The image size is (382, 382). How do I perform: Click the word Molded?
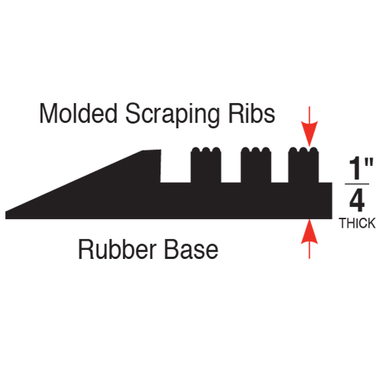pyautogui.click(x=79, y=114)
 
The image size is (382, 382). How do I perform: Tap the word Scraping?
pyautogui.click(x=172, y=115)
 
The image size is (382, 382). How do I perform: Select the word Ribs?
pyautogui.click(x=251, y=114)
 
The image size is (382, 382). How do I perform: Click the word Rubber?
pyautogui.click(x=117, y=249)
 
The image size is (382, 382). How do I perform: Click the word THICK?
pyautogui.click(x=358, y=223)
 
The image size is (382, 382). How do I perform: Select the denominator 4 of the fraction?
pyautogui.click(x=357, y=201)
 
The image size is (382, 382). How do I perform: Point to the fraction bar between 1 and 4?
pyautogui.click(x=357, y=183)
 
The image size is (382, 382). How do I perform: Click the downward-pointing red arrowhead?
pyautogui.click(x=309, y=134)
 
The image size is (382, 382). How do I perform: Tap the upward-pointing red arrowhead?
pyautogui.click(x=309, y=231)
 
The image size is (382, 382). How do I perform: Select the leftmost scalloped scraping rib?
pyautogui.click(x=206, y=165)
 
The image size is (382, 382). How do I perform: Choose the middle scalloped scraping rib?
pyautogui.click(x=256, y=165)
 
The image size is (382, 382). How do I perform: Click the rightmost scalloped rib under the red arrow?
pyautogui.click(x=303, y=165)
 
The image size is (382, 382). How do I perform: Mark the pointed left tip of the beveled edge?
pyautogui.click(x=6, y=212)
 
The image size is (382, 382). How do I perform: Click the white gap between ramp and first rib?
pyautogui.click(x=176, y=166)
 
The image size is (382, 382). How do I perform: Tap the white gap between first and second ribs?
pyautogui.click(x=231, y=167)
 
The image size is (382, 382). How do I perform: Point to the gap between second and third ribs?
pyautogui.click(x=280, y=167)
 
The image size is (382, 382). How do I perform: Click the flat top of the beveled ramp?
pyautogui.click(x=152, y=151)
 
